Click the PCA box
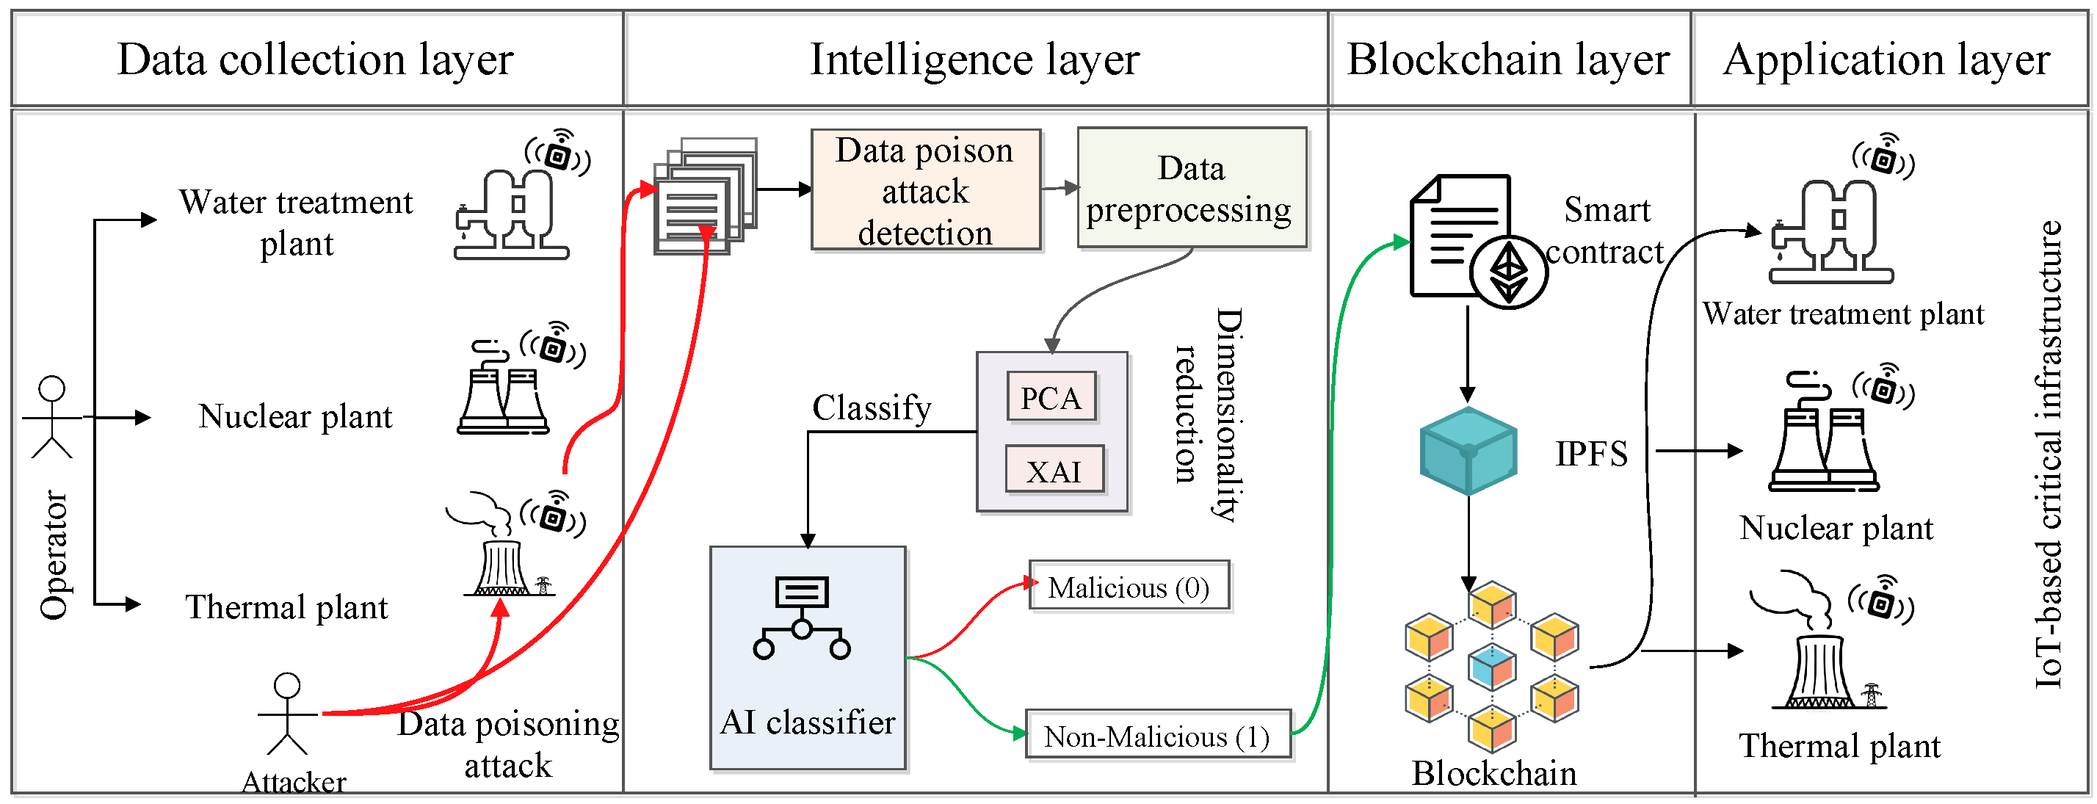click(1051, 397)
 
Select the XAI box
click(1054, 471)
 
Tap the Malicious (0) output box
click(1128, 586)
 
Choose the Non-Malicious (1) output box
click(1156, 736)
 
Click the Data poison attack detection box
click(926, 190)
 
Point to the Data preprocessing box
click(1190, 189)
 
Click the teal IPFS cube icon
click(1467, 452)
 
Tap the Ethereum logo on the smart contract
click(1507, 272)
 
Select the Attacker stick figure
click(286, 713)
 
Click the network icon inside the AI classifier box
click(801, 618)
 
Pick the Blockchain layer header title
click(1507, 59)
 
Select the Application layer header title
click(1886, 59)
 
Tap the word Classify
click(871, 408)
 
